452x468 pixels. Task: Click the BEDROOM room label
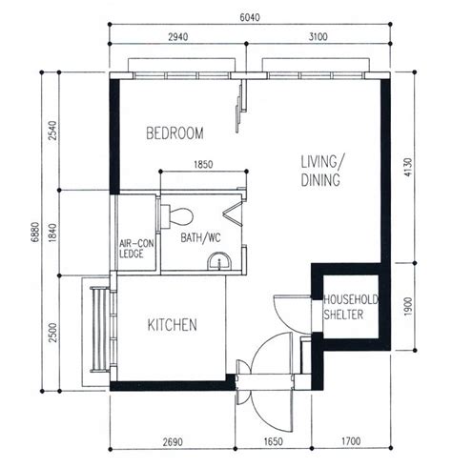tap(175, 133)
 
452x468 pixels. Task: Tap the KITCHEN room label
tap(173, 325)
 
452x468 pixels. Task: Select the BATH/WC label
tap(200, 238)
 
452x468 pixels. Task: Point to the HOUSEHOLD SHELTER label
tap(351, 307)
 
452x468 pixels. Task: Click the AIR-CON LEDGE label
tap(136, 249)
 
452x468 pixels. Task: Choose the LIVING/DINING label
tap(322, 171)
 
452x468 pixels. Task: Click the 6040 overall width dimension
tap(250, 17)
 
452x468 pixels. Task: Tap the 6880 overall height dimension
tap(35, 232)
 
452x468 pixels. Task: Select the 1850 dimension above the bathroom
tap(203, 165)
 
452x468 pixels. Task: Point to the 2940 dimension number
tap(178, 37)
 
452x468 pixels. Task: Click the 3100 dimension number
tap(318, 37)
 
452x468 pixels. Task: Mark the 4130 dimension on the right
tap(408, 167)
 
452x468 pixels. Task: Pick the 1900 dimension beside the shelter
tap(408, 307)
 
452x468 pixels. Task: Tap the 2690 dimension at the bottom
tap(173, 442)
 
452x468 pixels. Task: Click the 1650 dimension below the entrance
tap(273, 441)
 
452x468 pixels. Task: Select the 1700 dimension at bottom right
tap(351, 441)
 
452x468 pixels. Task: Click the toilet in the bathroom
tap(176, 217)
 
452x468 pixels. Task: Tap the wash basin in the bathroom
tap(219, 261)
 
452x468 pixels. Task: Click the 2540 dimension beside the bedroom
tap(53, 131)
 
